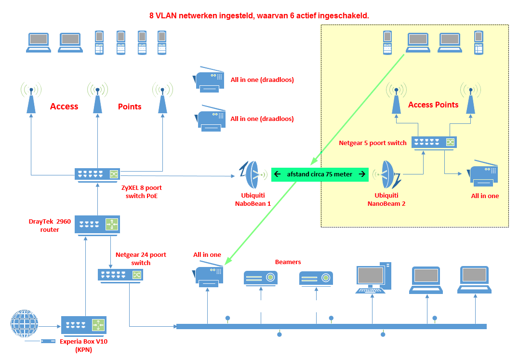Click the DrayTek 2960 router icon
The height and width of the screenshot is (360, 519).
pos(97,225)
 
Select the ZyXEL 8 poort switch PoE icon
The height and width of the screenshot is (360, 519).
pos(97,174)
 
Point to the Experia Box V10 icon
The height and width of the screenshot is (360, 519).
pos(84,325)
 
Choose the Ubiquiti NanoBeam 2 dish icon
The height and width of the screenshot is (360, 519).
pos(386,175)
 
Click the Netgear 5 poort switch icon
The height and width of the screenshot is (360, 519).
pos(434,142)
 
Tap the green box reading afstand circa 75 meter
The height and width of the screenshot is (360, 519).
pos(320,174)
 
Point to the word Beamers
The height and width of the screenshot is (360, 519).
pos(288,262)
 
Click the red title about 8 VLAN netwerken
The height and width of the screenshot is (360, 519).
pos(259,16)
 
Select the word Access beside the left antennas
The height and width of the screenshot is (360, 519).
pos(64,107)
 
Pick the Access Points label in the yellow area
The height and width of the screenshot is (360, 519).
pos(433,105)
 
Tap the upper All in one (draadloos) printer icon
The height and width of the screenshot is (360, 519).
pos(210,79)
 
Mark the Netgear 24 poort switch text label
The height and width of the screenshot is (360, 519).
pos(141,259)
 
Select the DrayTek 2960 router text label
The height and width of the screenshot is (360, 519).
pos(50,226)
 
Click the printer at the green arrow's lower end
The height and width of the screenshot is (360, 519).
pos(209,275)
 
